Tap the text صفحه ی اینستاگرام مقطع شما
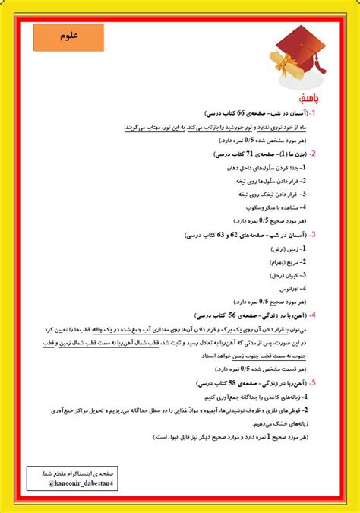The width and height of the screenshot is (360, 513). pyautogui.click(x=75, y=473)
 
